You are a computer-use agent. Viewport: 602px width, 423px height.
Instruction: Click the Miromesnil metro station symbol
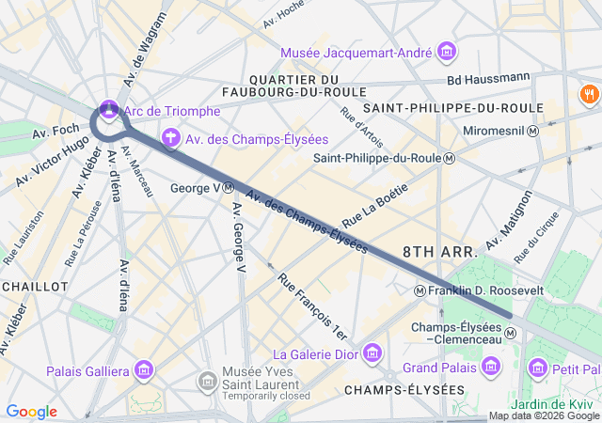tap(532, 132)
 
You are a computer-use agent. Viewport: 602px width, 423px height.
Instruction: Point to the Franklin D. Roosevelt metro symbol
tap(420, 291)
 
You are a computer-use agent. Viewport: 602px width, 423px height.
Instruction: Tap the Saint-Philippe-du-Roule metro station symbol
tap(450, 158)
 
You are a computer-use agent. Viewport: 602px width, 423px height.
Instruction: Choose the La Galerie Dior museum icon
tap(373, 353)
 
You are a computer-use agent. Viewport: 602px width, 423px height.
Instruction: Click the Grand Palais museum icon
tap(490, 366)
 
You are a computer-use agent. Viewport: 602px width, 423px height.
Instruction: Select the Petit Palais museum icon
tap(537, 366)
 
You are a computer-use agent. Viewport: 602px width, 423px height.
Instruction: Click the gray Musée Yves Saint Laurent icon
tap(208, 382)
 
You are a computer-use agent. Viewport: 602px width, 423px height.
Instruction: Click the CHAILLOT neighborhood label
tap(35, 286)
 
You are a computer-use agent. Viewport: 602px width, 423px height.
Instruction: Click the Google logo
tap(31, 412)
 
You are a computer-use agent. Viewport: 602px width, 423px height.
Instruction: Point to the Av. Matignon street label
tap(508, 224)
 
